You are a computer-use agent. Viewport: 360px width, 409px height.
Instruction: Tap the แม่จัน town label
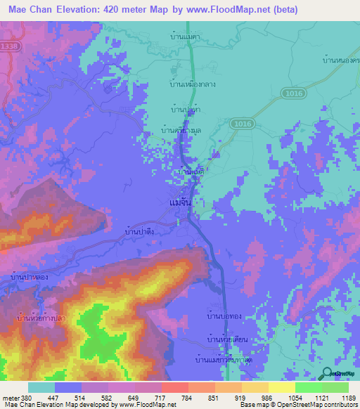pyautogui.click(x=181, y=201)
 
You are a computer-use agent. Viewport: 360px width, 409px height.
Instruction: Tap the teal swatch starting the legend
pyautogui.click(x=41, y=387)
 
